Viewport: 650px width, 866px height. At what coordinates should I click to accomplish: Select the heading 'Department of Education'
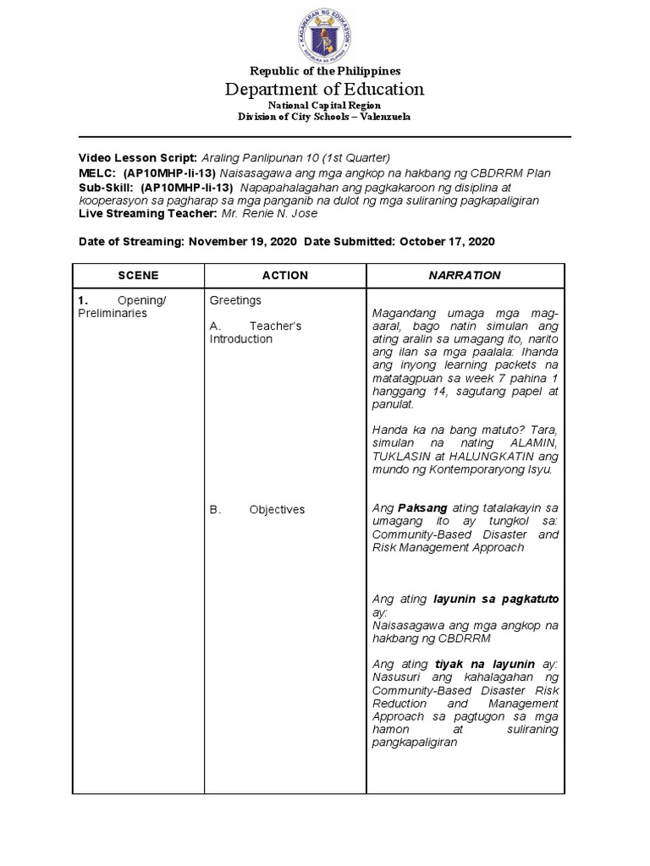coord(325,89)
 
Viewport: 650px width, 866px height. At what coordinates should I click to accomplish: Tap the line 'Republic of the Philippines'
coord(325,71)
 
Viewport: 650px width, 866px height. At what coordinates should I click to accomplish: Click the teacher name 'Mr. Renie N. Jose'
coord(269,214)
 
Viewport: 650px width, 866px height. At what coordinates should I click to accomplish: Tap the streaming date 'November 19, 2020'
coord(242,241)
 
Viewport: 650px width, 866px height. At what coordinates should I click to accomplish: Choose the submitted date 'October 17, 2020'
coord(445,241)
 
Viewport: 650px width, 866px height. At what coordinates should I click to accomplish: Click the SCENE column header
coord(138,276)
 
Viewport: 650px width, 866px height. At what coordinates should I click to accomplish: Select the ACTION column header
coord(284,276)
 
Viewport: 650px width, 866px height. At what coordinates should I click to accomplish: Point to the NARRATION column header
coord(465,276)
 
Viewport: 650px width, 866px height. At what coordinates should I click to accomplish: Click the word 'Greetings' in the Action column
coord(235,300)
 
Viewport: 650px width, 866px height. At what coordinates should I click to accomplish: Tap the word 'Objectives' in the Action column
coord(277,510)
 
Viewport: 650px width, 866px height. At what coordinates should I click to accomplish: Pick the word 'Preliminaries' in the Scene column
coord(111,313)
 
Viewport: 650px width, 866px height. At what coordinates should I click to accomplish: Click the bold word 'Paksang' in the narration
coord(421,508)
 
